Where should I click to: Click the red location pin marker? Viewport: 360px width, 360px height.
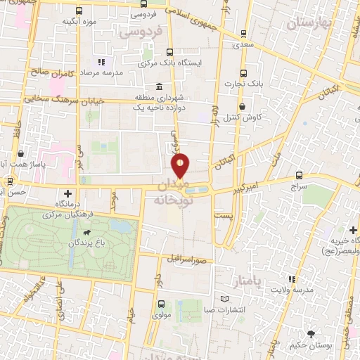(x=181, y=165)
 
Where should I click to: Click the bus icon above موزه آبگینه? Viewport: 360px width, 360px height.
(x=78, y=11)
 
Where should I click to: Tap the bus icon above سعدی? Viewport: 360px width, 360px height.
(x=244, y=33)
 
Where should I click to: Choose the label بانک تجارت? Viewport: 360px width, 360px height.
(x=244, y=84)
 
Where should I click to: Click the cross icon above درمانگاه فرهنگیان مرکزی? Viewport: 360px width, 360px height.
(x=67, y=193)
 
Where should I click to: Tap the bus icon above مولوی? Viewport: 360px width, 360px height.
(x=161, y=304)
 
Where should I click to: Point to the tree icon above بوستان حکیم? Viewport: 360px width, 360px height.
(x=311, y=333)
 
